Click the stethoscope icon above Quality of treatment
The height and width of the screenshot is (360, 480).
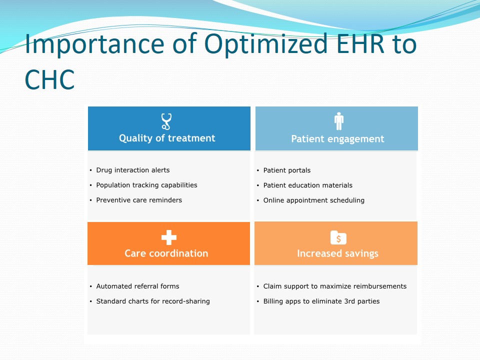(166, 121)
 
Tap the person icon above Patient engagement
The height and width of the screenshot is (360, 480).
(339, 121)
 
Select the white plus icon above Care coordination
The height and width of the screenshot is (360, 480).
(169, 237)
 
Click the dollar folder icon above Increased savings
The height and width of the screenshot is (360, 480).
(338, 238)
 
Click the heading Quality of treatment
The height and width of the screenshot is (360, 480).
(167, 138)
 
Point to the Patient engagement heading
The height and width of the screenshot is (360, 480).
(337, 139)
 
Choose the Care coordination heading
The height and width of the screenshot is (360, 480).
(166, 253)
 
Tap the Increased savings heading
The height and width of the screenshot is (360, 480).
(337, 254)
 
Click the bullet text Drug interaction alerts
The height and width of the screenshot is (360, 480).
(133, 170)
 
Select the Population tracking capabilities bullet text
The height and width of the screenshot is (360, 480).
(146, 185)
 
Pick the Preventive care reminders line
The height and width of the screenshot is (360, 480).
(139, 200)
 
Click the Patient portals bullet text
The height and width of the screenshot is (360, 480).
(287, 170)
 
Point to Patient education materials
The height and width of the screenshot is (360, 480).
(307, 185)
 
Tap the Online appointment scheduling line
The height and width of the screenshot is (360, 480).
(314, 200)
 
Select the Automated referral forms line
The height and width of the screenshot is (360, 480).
(138, 286)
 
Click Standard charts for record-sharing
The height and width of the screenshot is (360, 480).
(153, 301)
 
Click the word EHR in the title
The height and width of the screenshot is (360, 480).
(360, 44)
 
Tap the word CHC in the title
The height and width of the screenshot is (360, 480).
(49, 79)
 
